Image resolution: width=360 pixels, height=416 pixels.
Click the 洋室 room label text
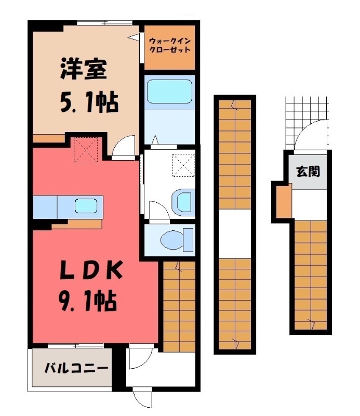tap(83, 70)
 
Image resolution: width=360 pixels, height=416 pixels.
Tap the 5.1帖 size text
tap(85, 102)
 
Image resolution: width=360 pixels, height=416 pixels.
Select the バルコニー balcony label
tap(76, 369)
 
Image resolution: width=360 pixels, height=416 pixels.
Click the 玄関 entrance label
tap(308, 171)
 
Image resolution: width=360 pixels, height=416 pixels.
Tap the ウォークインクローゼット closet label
tap(169, 45)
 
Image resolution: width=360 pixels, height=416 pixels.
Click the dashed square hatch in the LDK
tap(86, 150)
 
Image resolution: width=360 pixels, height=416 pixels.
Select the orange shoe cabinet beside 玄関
tap(283, 202)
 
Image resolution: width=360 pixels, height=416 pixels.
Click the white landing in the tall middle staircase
tap(235, 233)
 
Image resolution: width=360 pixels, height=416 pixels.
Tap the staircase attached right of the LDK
tap(179, 304)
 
